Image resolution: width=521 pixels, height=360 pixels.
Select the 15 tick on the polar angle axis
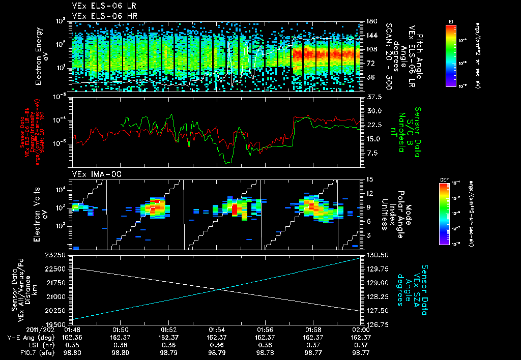(x=368, y=179)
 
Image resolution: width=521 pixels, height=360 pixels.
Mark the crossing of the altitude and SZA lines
(x=219, y=289)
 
